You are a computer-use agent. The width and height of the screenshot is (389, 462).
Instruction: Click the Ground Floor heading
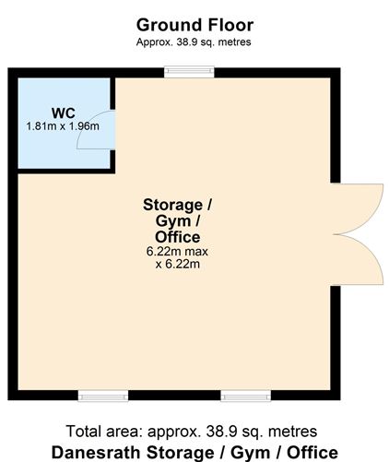tap(194, 25)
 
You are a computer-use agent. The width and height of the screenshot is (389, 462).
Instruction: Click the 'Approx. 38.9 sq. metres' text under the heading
tap(194, 42)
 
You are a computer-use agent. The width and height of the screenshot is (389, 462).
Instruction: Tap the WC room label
tap(64, 113)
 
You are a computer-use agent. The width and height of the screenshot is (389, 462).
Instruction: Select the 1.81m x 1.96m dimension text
tap(64, 126)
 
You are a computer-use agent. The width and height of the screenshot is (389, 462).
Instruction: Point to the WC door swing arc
tap(94, 135)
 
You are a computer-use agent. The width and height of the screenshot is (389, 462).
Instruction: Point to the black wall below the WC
tap(65, 170)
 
